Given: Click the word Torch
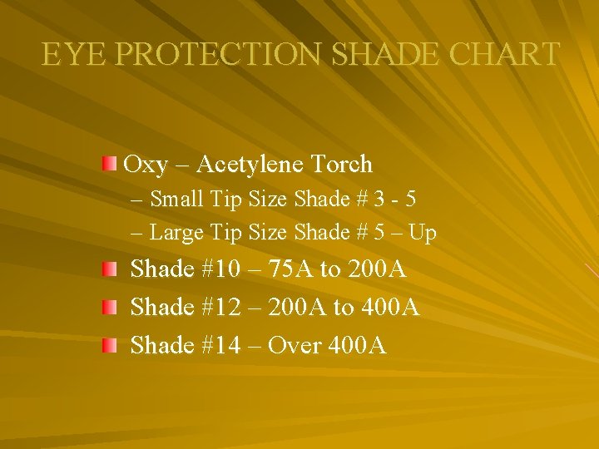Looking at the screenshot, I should pos(344,165).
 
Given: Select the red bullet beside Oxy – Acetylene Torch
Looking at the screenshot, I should pos(109,163).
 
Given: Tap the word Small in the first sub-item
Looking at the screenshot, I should pos(178,200).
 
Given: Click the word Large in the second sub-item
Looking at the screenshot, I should pos(177,233).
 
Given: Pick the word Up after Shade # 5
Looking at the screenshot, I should pos(423,234).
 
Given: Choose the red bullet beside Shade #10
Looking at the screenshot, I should pos(109,269).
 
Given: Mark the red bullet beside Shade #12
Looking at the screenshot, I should pos(109,307).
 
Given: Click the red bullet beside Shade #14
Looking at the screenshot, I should pos(109,344).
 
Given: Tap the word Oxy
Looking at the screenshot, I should pos(146,165).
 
